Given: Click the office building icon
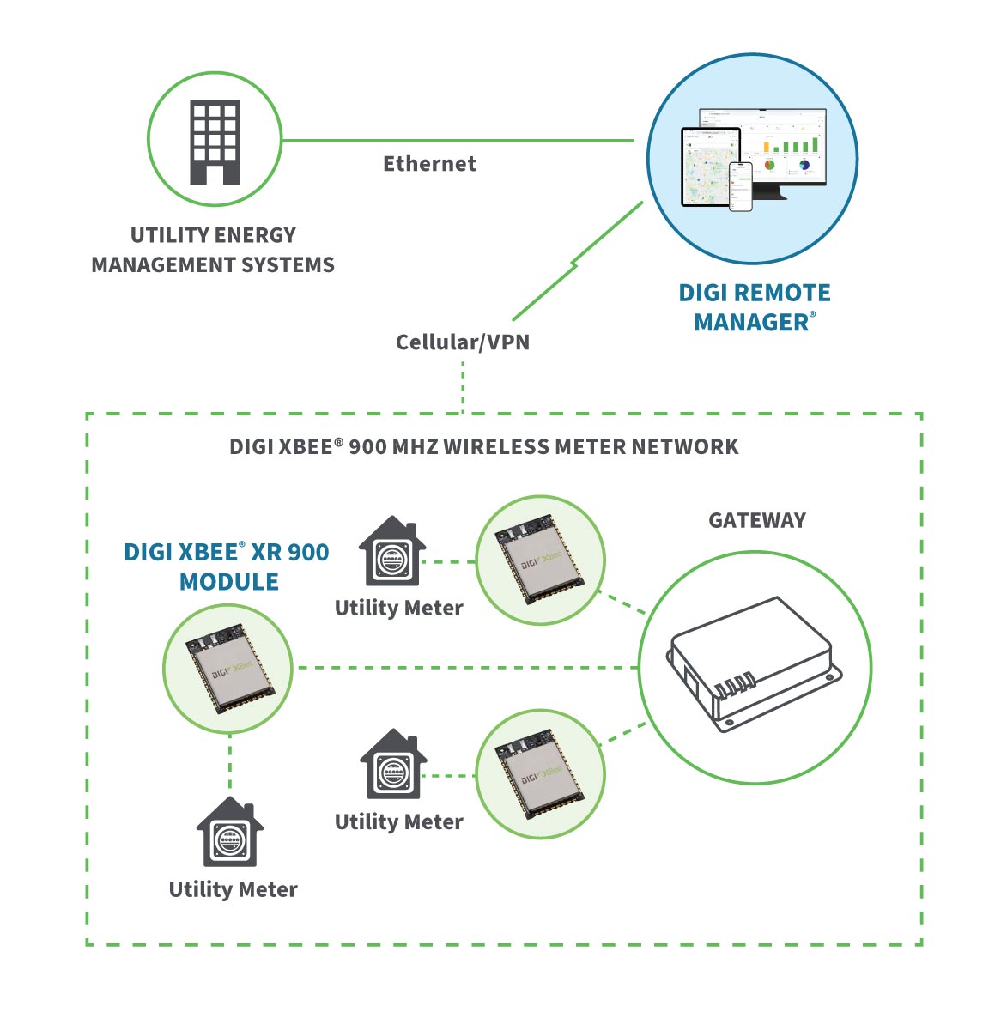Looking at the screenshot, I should point(215,142).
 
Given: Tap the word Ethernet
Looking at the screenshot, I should point(429,164).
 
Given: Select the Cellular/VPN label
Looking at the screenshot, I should point(463,342).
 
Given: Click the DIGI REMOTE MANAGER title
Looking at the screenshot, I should point(754,307).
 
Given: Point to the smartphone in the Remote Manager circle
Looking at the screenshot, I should point(740,186).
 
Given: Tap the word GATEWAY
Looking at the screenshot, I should point(756,521).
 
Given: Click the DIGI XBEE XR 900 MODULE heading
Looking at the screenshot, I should point(227,566).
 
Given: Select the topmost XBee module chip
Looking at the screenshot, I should point(540,560).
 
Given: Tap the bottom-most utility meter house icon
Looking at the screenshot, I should point(230,833).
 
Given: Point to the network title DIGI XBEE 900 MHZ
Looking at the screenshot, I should point(483,447).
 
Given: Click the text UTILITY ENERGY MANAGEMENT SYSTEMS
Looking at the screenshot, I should point(213,250).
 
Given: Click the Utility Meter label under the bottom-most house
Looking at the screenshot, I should point(233,890).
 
